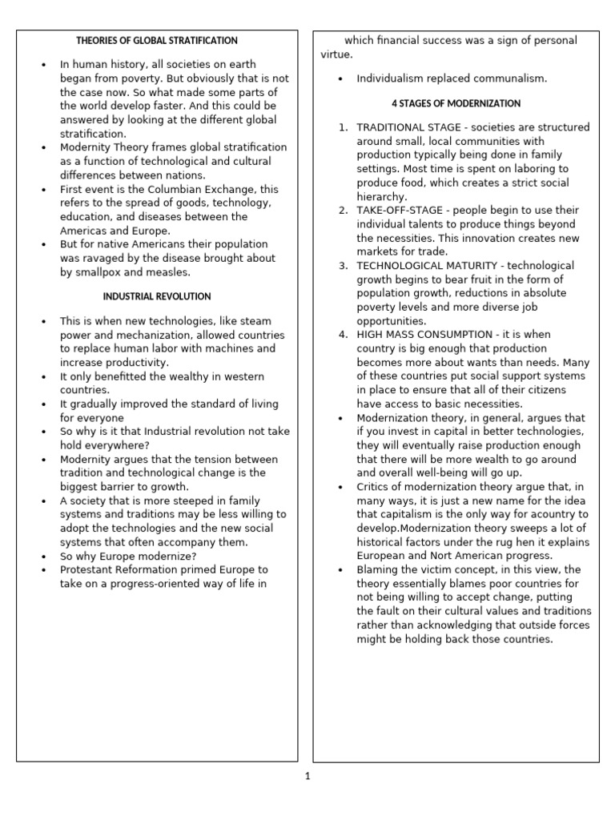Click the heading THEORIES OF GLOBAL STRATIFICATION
click(x=157, y=40)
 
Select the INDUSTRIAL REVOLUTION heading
click(x=157, y=296)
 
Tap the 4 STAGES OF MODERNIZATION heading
click(x=456, y=103)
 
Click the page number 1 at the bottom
click(x=307, y=776)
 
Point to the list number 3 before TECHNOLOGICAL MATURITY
click(x=343, y=265)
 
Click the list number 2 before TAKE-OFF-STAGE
click(x=343, y=210)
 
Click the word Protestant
click(x=87, y=569)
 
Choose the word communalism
click(x=511, y=78)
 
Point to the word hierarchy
click(x=382, y=196)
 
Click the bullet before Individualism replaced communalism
click(x=342, y=79)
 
